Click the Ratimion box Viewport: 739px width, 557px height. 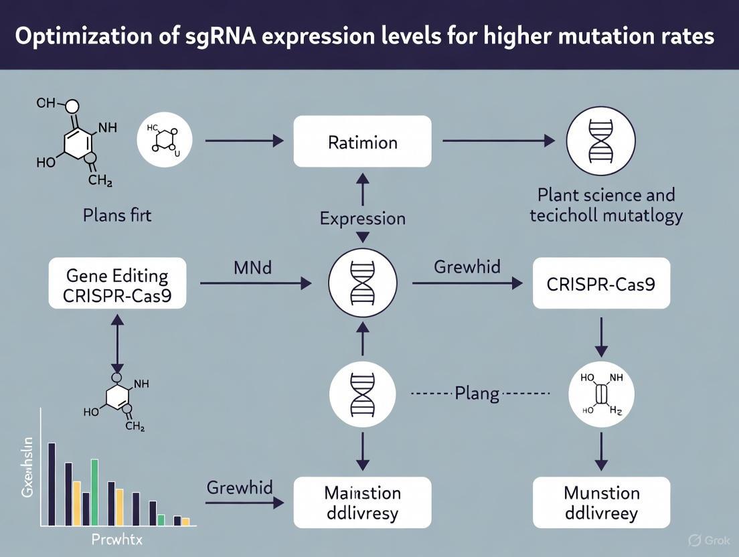coord(362,141)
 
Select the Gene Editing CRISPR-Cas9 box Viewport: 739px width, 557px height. coord(117,283)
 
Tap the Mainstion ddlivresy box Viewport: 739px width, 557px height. coord(362,502)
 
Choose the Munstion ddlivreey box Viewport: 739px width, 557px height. coord(601,502)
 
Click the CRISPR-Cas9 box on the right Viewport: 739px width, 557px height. coord(601,283)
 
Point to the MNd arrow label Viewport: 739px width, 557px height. coord(252,267)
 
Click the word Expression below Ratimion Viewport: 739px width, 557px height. coord(362,219)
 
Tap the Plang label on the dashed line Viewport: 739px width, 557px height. coord(477,393)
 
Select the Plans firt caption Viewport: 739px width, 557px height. coord(117,216)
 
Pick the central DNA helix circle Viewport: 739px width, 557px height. coord(362,283)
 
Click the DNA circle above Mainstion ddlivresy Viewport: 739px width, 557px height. coord(362,393)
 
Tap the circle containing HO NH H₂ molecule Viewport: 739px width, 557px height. coord(602,393)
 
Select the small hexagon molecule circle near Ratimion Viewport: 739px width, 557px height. coord(165,140)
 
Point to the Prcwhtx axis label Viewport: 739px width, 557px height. coord(117,540)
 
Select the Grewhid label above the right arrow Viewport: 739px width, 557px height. coord(467,267)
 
